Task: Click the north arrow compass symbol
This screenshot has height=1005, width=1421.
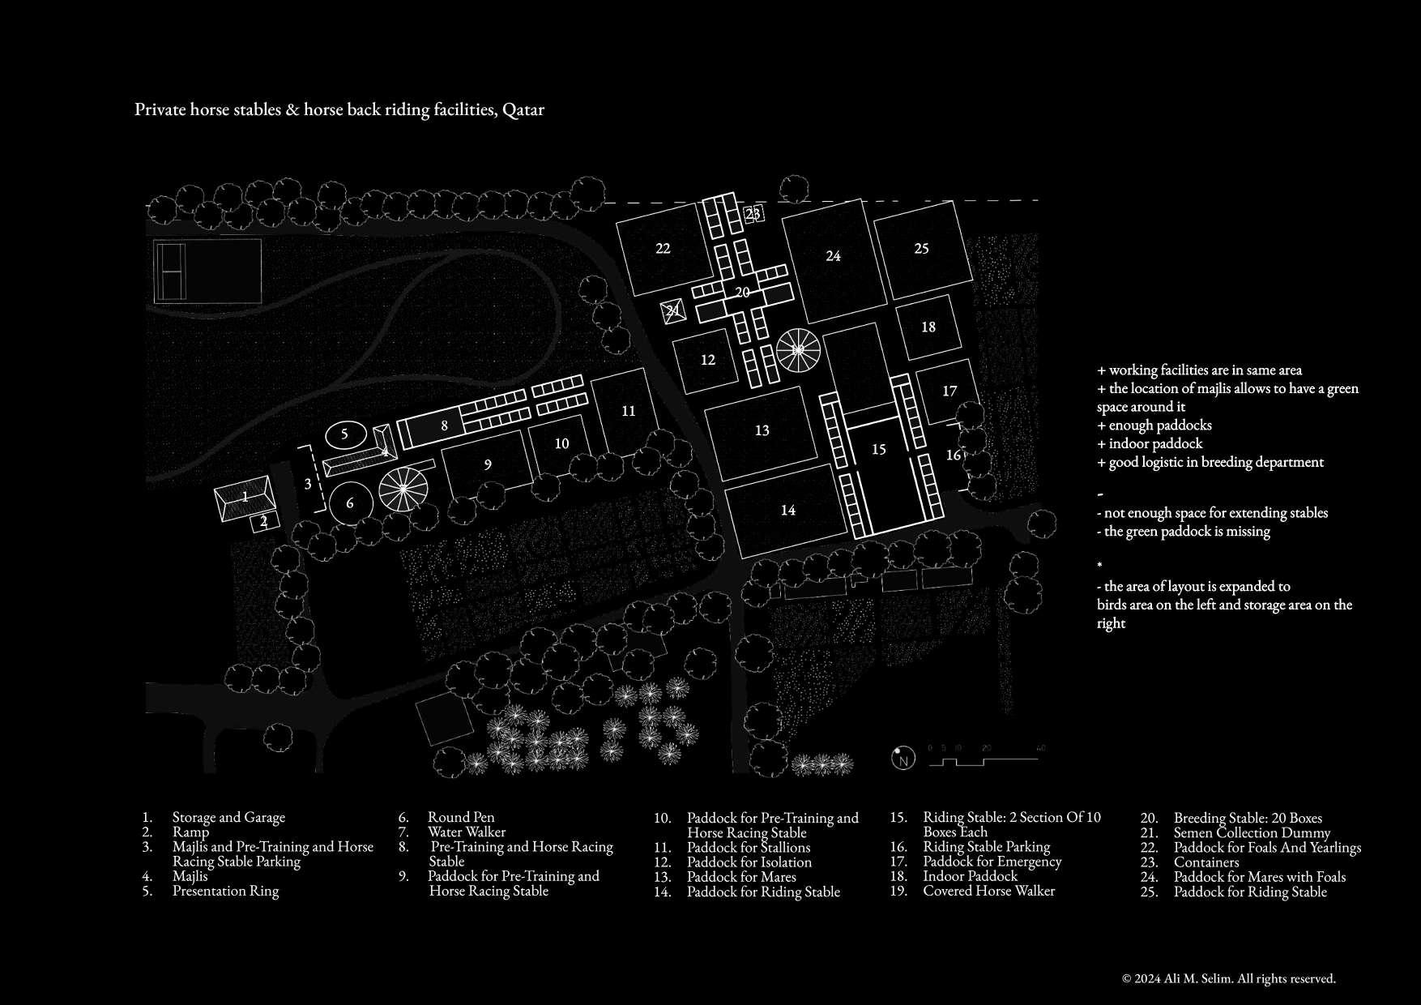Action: coord(903,759)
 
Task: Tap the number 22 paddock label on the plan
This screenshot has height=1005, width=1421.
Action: coord(663,248)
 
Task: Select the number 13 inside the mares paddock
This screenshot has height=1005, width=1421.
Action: coord(762,430)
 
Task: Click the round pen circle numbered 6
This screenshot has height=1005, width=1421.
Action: coord(350,503)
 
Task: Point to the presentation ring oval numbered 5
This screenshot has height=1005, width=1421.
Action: coord(344,434)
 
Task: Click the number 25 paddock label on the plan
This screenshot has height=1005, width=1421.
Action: coord(921,248)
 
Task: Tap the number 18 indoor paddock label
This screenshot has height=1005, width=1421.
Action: coord(928,327)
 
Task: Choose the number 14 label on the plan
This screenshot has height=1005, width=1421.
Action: coord(787,510)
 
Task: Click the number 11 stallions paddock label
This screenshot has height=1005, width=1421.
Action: coord(629,411)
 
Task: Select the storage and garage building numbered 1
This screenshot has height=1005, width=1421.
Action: coord(245,496)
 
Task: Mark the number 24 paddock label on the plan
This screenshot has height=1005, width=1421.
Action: coord(833,256)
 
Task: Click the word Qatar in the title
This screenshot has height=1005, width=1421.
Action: coord(523,109)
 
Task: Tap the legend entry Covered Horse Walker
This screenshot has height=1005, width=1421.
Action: coord(988,891)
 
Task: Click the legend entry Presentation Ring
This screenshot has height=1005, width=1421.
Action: coord(225,891)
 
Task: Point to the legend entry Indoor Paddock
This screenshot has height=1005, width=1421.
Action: coord(970,876)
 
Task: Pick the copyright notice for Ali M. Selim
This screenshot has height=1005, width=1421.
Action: coord(1228,978)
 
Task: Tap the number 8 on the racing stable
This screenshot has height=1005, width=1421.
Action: coord(444,425)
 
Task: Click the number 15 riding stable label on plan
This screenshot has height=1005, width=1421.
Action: coord(879,449)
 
